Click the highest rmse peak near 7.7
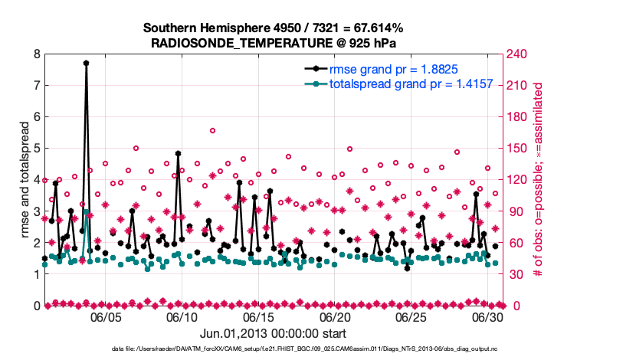click(x=86, y=64)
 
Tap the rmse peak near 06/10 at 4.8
click(x=178, y=153)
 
